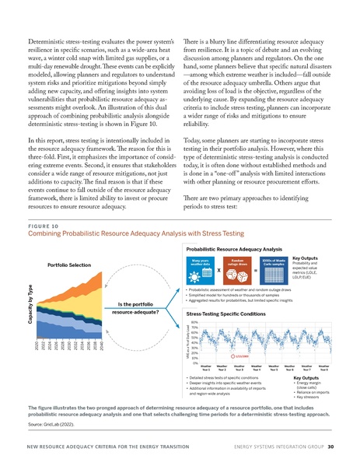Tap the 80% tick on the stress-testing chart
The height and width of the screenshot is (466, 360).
[194, 321]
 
